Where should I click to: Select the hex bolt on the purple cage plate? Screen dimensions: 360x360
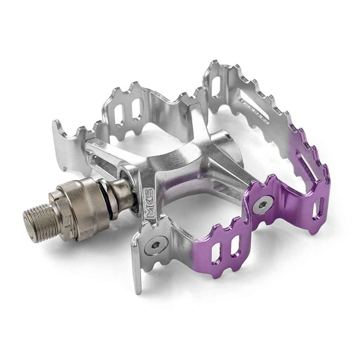click(x=263, y=204)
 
